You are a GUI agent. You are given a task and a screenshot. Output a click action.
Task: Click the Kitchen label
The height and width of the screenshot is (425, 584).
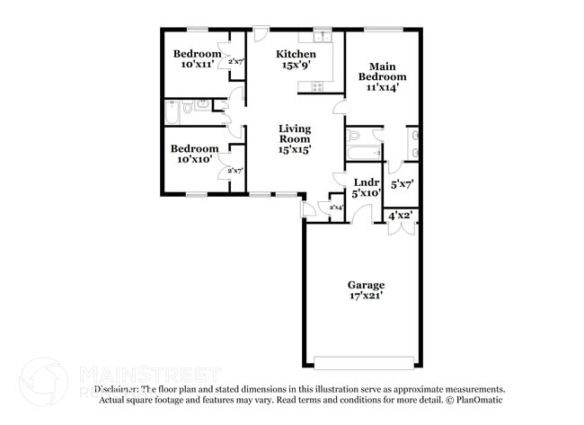[x=296, y=55]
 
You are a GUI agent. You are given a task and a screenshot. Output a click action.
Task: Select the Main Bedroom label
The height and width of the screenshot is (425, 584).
[x=382, y=71]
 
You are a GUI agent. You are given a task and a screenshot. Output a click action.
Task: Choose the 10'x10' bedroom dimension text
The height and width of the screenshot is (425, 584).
[x=194, y=159]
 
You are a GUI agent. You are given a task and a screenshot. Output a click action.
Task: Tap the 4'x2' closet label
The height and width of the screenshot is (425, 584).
[x=400, y=216]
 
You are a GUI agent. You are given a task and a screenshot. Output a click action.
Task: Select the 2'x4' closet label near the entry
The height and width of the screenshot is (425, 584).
[x=336, y=208]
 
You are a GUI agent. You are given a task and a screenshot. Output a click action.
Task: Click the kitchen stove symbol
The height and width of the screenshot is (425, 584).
[x=316, y=86]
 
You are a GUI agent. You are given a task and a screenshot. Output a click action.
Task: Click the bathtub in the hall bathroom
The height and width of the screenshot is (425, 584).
[x=173, y=113]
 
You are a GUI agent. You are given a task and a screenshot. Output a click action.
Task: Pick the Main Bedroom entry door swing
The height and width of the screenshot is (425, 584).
[x=340, y=108]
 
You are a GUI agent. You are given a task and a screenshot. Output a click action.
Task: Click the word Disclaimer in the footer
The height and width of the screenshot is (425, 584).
[x=117, y=389]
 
